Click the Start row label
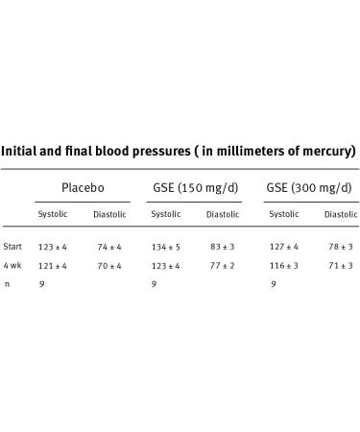[x=12, y=247]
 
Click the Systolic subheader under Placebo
[x=53, y=214]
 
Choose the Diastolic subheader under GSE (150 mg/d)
[x=223, y=214]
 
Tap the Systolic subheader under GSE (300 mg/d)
[x=283, y=214]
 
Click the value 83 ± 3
[x=222, y=247]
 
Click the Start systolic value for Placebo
[x=54, y=247]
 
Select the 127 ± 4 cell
[x=283, y=247]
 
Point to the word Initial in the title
[x=22, y=151]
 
